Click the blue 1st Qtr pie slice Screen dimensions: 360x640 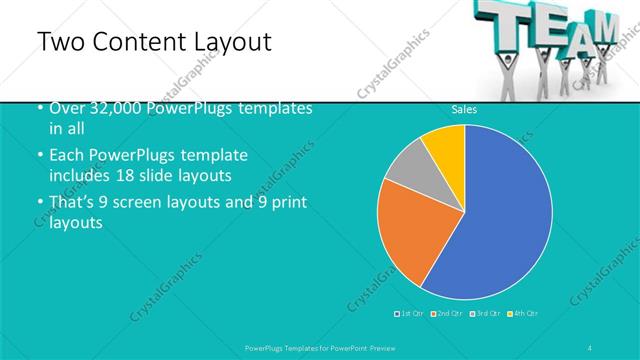click(x=500, y=220)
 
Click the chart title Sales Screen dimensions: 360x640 click(x=464, y=110)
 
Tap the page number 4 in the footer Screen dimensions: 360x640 click(x=591, y=347)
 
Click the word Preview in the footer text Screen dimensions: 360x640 click(x=396, y=347)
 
